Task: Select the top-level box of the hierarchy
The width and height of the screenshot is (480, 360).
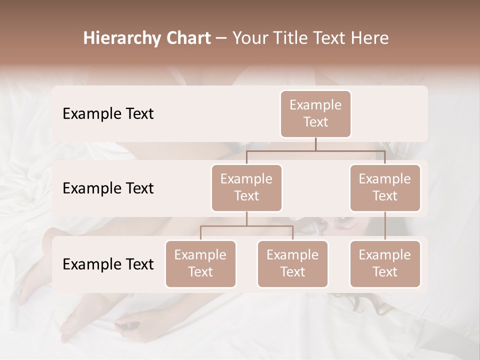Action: [315, 113]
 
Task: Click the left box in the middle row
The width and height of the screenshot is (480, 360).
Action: [246, 187]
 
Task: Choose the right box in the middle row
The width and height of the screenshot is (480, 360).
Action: [385, 187]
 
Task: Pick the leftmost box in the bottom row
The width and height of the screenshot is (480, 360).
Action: [200, 263]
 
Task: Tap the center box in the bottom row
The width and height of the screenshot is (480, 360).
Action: [292, 263]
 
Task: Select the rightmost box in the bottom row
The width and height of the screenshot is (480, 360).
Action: [385, 263]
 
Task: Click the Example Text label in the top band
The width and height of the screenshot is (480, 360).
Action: [108, 113]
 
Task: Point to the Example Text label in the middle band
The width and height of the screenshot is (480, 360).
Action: [108, 188]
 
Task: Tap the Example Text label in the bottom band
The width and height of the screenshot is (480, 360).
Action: [108, 264]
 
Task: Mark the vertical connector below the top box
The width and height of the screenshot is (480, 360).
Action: [315, 144]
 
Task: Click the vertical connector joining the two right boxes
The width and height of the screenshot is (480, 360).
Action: [385, 225]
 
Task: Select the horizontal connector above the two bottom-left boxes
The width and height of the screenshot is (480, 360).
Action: [246, 226]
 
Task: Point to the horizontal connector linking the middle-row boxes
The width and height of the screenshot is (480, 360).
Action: [315, 150]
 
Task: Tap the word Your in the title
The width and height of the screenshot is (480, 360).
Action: [248, 38]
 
